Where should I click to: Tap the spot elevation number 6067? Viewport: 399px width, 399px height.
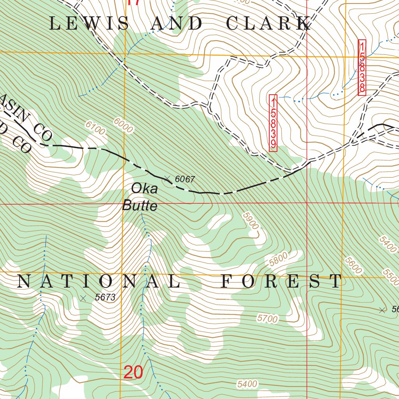pyautogui.click(x=185, y=180)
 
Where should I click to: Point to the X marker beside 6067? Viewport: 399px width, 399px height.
pyautogui.click(x=168, y=179)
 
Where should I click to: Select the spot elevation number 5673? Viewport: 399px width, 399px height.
pyautogui.click(x=105, y=297)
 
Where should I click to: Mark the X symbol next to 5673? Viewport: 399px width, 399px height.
pyautogui.click(x=83, y=298)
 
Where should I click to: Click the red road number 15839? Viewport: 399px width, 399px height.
pyautogui.click(x=273, y=123)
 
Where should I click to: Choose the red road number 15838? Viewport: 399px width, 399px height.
pyautogui.click(x=362, y=67)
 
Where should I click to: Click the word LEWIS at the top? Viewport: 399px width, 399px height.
pyautogui.click(x=90, y=24)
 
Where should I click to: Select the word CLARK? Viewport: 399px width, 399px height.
pyautogui.click(x=269, y=24)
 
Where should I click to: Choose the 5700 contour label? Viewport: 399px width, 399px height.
pyautogui.click(x=267, y=319)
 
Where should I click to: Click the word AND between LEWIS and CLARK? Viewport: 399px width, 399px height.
pyautogui.click(x=177, y=24)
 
